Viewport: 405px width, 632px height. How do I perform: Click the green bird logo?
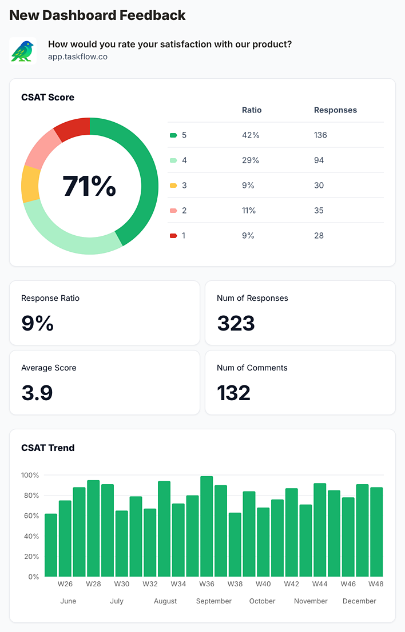pyautogui.click(x=23, y=51)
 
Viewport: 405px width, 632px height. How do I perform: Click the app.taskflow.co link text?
pyautogui.click(x=78, y=57)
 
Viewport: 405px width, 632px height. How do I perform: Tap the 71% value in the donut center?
pyautogui.click(x=89, y=186)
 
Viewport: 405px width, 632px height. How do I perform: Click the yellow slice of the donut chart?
pyautogui.click(x=30, y=184)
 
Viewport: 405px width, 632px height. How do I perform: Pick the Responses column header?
pyautogui.click(x=335, y=110)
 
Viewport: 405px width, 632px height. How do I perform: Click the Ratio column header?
pyautogui.click(x=252, y=110)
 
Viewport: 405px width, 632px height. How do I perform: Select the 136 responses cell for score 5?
pyautogui.click(x=320, y=135)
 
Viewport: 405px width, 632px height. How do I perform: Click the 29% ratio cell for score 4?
pyautogui.click(x=251, y=160)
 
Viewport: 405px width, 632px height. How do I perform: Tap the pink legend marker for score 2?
pyautogui.click(x=173, y=211)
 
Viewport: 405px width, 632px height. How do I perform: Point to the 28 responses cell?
pyautogui.click(x=319, y=236)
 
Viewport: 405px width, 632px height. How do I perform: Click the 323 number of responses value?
pyautogui.click(x=236, y=324)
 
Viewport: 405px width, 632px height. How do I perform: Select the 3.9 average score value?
pyautogui.click(x=37, y=393)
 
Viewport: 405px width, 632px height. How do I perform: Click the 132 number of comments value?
pyautogui.click(x=233, y=393)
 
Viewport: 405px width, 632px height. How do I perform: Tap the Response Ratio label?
pyautogui.click(x=50, y=298)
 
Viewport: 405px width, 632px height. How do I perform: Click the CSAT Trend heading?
pyautogui.click(x=48, y=448)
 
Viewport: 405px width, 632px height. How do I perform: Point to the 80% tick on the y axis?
pyautogui.click(x=30, y=496)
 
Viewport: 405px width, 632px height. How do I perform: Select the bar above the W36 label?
pyautogui.click(x=207, y=526)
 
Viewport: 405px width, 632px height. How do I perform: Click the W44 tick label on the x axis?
pyautogui.click(x=320, y=584)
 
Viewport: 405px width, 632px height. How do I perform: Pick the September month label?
pyautogui.click(x=214, y=601)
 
